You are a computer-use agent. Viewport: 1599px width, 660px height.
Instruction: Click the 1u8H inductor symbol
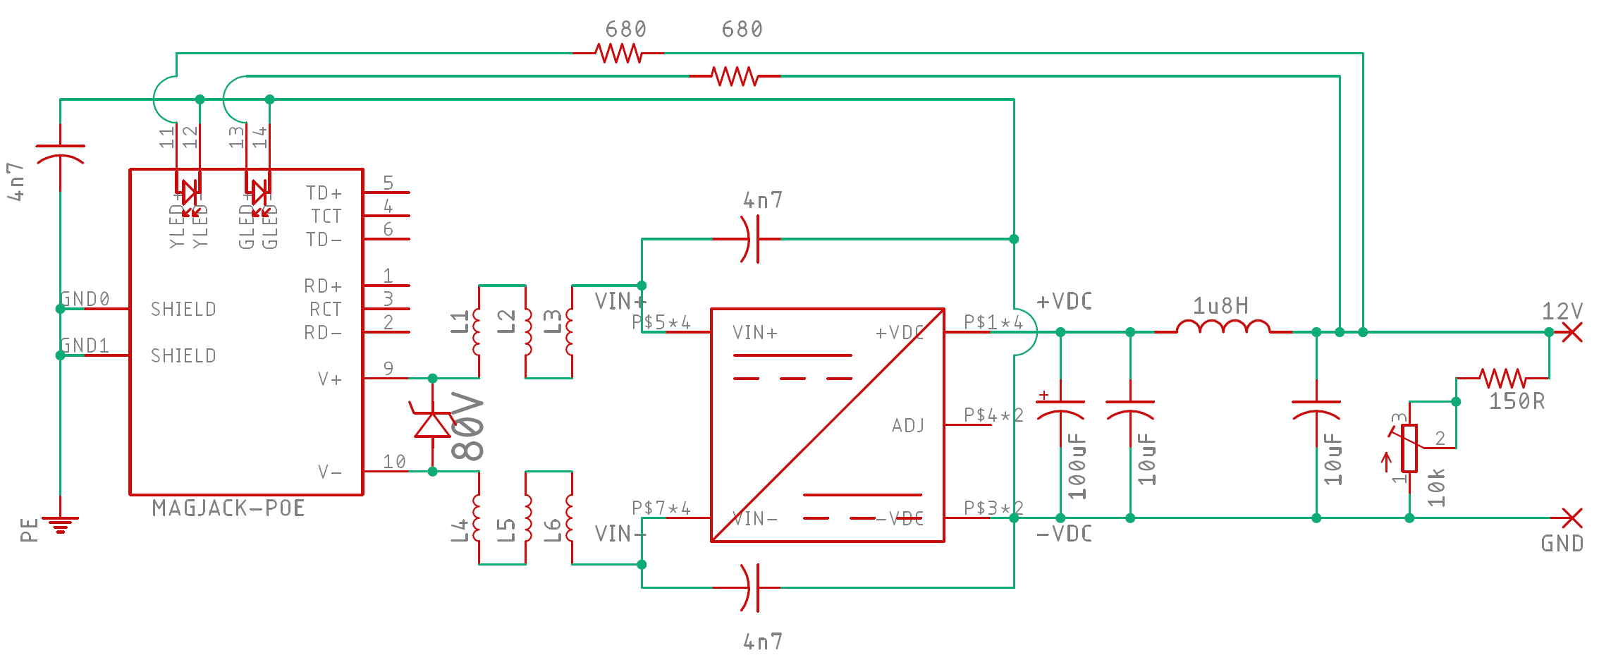1223,327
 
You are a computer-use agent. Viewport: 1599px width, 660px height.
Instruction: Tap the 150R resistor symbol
1502,378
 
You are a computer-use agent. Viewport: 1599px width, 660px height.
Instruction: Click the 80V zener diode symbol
432,424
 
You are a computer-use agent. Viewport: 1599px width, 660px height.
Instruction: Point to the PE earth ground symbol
60,525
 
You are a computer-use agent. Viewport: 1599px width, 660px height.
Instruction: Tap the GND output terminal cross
1572,518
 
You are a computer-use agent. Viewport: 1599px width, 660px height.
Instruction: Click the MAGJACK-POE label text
228,508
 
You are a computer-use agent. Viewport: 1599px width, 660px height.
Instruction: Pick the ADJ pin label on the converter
908,426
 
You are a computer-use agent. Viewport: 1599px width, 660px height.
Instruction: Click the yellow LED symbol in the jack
189,192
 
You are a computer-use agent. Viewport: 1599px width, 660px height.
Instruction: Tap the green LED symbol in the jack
259,192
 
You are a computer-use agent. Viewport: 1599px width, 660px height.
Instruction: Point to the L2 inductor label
506,322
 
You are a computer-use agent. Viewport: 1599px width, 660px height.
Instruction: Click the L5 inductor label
506,530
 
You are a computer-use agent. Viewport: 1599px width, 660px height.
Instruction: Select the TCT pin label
326,216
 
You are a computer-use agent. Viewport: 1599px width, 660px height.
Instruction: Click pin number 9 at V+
388,369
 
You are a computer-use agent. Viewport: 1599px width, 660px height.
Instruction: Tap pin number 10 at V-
394,462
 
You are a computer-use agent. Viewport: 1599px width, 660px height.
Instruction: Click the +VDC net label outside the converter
1065,302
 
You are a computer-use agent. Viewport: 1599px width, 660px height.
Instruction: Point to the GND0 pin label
85,299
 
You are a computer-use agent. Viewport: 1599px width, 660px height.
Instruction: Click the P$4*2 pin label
993,415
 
